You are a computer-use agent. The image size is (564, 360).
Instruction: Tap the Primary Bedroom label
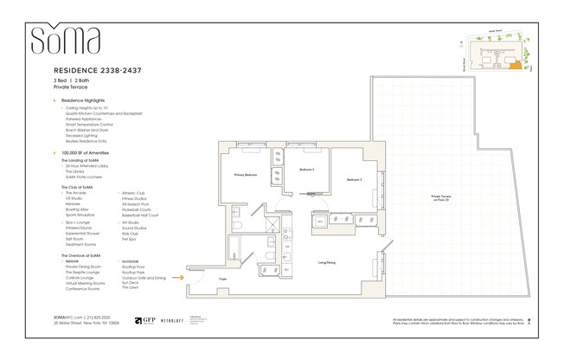246,176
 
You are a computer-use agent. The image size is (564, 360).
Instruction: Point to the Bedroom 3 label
355,179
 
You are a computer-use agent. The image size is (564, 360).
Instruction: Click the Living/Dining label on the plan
327,262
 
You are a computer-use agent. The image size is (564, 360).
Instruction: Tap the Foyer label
222,280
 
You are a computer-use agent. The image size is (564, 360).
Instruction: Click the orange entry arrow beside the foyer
178,278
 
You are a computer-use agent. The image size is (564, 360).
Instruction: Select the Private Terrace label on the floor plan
442,197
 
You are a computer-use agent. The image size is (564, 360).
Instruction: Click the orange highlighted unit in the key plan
516,63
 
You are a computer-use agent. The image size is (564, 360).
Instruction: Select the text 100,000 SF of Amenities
91,153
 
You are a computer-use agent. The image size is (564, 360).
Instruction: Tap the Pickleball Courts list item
136,209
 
